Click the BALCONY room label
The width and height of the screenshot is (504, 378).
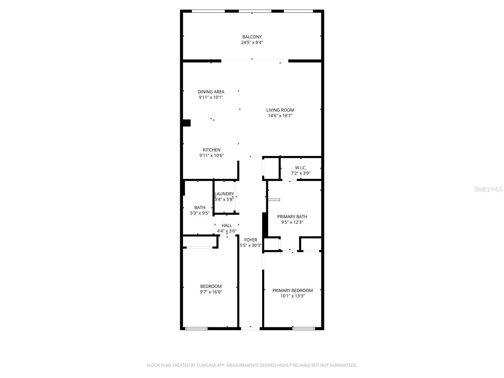(x=252, y=37)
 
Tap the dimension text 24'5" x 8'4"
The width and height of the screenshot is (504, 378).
(x=252, y=43)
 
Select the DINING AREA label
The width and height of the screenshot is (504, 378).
(x=211, y=92)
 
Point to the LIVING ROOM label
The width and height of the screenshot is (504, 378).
(x=280, y=110)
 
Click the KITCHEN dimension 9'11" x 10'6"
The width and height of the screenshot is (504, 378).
(x=211, y=156)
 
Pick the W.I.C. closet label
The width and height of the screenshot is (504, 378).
(x=301, y=168)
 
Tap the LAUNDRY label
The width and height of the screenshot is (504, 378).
(x=224, y=194)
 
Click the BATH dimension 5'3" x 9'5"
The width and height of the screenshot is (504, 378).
(x=199, y=213)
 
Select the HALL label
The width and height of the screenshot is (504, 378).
(x=226, y=226)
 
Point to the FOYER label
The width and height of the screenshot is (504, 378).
(x=250, y=240)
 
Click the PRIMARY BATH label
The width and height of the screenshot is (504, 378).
(x=292, y=217)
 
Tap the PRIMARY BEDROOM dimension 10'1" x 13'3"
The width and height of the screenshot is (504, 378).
(x=292, y=296)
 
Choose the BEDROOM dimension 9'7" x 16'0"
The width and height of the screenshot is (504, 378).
(x=211, y=292)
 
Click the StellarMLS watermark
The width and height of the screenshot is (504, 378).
(x=488, y=189)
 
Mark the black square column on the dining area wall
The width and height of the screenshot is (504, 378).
(x=186, y=123)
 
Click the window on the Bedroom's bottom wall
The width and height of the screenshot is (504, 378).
(x=196, y=329)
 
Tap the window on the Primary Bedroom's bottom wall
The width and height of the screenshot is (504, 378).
(x=303, y=329)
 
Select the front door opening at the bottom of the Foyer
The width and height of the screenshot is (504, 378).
(x=250, y=329)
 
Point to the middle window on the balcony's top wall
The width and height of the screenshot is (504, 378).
(x=255, y=11)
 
